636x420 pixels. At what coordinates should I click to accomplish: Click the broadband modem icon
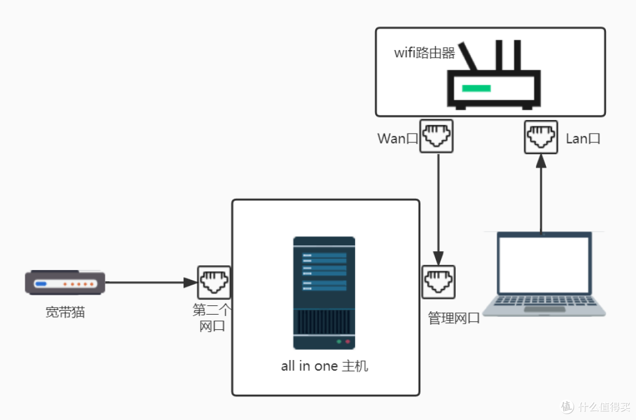click(x=65, y=283)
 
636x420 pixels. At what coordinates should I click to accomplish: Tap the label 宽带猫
click(x=65, y=312)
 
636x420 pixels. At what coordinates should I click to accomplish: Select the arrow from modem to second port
click(x=150, y=282)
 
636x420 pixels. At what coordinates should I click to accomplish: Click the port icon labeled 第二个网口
click(x=214, y=282)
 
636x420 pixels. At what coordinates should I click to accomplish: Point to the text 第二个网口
click(x=213, y=318)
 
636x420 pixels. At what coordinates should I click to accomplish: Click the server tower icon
click(x=324, y=293)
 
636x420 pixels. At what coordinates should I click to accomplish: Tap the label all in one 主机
click(x=324, y=366)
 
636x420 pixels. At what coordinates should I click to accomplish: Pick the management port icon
click(x=438, y=282)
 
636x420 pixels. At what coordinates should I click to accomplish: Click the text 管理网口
click(x=453, y=319)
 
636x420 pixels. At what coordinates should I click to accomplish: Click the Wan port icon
click(x=436, y=136)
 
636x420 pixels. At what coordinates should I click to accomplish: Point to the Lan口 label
click(x=583, y=139)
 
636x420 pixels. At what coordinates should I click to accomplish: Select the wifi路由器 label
click(x=425, y=53)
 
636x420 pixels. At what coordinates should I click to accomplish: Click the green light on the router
click(x=476, y=88)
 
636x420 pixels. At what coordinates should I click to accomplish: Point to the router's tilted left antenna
click(x=469, y=55)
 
